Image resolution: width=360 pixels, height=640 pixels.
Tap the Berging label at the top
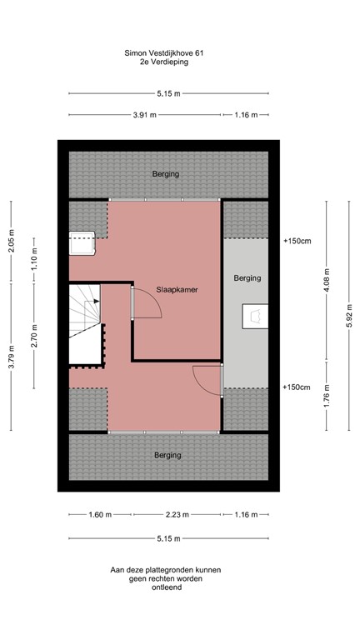tap(166, 174)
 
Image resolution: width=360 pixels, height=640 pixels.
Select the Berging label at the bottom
tap(166, 455)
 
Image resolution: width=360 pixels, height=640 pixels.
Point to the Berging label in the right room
tap(247, 277)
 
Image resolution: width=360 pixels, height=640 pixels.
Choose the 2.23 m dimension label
tap(172, 514)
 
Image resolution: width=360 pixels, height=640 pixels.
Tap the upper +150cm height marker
tap(296, 241)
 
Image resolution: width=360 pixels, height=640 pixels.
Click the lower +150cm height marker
tap(296, 387)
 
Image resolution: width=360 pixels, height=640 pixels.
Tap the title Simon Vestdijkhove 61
tap(162, 52)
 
